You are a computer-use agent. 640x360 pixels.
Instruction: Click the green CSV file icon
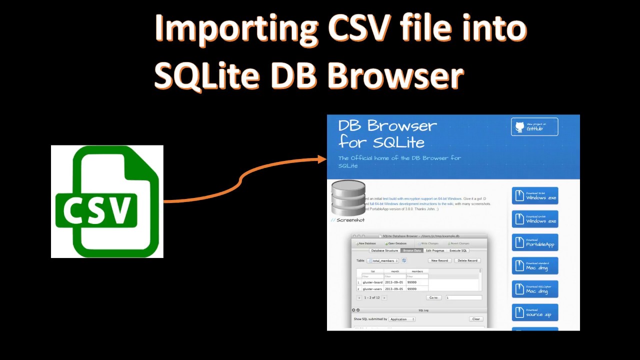click(107, 201)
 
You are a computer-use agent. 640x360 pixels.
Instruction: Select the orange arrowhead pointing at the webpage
click(322, 159)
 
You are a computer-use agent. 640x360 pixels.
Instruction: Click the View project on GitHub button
click(534, 126)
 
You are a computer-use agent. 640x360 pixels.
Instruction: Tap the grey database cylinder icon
click(348, 198)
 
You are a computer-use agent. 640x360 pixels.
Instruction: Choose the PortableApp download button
click(534, 242)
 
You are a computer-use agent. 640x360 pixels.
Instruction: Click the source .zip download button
click(534, 312)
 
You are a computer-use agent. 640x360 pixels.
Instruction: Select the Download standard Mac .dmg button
click(534, 266)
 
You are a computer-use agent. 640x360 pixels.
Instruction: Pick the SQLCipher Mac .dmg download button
click(534, 289)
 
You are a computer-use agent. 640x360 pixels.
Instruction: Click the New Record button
click(439, 260)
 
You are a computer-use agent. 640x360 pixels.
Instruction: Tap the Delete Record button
click(467, 260)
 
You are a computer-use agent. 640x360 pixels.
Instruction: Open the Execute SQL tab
click(458, 250)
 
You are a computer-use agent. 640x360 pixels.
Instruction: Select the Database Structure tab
click(384, 250)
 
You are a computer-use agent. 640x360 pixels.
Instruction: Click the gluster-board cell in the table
click(372, 282)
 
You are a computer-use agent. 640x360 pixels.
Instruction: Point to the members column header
click(417, 271)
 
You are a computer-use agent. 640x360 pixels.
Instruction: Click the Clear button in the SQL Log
click(476, 319)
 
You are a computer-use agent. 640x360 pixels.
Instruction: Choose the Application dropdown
click(402, 319)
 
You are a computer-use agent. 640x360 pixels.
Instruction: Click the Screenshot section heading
click(350, 220)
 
